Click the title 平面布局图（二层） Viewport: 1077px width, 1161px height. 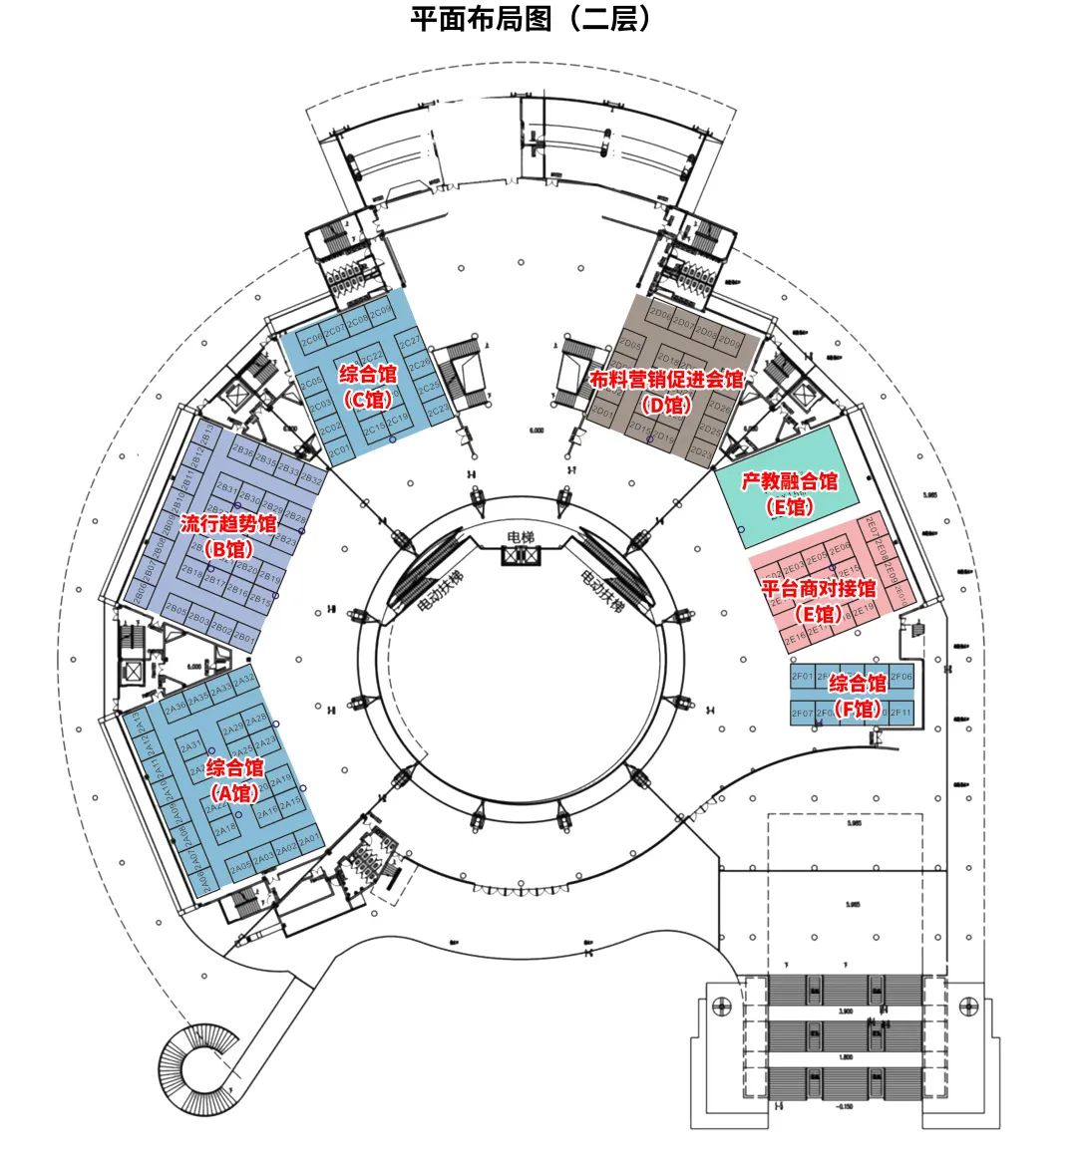pyautogui.click(x=534, y=19)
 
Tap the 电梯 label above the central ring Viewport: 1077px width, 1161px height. pyautogui.click(x=521, y=537)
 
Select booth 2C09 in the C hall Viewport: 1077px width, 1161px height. pyautogui.click(x=382, y=312)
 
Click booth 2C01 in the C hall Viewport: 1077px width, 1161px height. pyautogui.click(x=339, y=449)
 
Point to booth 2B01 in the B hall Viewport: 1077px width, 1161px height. pyautogui.click(x=246, y=636)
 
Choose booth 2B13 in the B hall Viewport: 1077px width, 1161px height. pyautogui.click(x=260, y=600)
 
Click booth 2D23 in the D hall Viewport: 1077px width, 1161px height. pyautogui.click(x=701, y=452)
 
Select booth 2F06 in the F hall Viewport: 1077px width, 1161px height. pyautogui.click(x=900, y=677)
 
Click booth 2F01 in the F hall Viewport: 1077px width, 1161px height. pyautogui.click(x=803, y=678)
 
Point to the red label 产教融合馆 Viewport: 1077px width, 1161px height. pyautogui.click(x=790, y=481)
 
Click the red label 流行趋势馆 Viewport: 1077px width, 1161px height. pyautogui.click(x=228, y=523)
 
